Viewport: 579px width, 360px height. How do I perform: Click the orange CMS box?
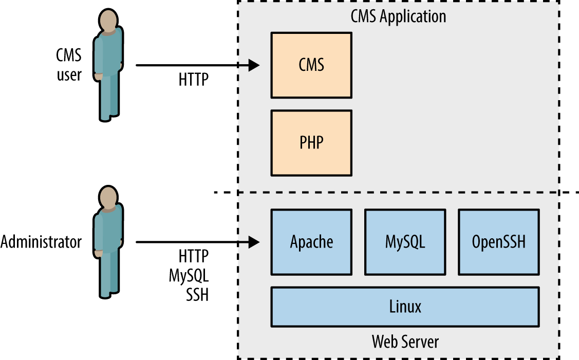point(311,65)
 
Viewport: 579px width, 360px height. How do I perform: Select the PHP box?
point(311,142)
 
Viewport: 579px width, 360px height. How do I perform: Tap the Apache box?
point(311,241)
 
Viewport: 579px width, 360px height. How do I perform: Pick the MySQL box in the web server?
point(405,241)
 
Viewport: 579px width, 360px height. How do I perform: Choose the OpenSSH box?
point(499,241)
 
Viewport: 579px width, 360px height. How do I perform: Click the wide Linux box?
point(405,307)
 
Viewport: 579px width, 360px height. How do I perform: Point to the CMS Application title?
point(398,16)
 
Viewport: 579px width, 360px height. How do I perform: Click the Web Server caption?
point(405,341)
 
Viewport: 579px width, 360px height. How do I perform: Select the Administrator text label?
point(41,242)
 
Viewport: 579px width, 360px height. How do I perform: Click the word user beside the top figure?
point(69,75)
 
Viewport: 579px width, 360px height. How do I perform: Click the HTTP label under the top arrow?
point(194,80)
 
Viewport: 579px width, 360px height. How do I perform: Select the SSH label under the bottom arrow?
point(197,295)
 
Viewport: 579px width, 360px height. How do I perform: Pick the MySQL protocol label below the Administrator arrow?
point(189,276)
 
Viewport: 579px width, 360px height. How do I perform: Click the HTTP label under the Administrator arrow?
point(194,256)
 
